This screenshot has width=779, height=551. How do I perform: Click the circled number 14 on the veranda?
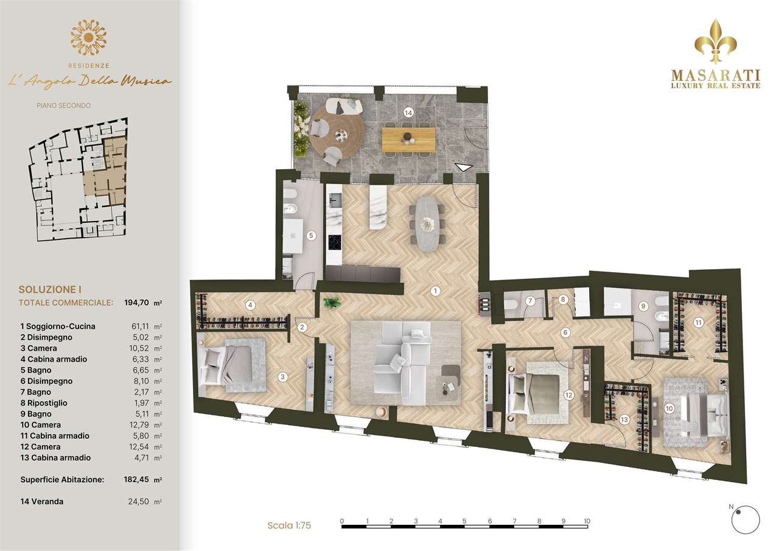click(408, 113)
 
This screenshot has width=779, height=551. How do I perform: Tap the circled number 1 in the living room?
click(435, 291)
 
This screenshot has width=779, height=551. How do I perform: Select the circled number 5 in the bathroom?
click(311, 236)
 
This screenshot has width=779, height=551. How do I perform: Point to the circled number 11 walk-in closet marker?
click(698, 323)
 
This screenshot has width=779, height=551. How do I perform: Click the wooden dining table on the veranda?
click(408, 139)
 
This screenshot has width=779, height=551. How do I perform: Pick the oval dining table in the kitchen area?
click(427, 223)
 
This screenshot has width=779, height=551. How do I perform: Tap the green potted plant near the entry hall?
click(332, 303)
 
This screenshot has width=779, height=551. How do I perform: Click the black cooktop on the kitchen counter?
click(335, 242)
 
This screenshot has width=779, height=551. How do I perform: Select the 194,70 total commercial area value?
click(137, 303)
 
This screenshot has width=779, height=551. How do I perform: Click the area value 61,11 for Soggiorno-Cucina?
click(140, 326)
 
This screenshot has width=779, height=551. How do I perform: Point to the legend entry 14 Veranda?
click(42, 501)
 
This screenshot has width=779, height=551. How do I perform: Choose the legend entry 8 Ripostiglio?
click(44, 403)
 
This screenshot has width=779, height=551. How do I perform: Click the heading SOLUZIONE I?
click(50, 289)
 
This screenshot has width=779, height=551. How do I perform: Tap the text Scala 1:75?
click(289, 525)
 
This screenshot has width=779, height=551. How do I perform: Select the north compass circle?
click(746, 520)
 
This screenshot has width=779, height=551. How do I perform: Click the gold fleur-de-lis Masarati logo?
click(715, 42)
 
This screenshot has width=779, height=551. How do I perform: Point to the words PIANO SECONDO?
click(64, 105)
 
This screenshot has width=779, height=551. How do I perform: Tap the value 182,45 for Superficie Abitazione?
click(136, 479)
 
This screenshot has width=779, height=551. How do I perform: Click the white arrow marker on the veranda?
click(464, 167)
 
